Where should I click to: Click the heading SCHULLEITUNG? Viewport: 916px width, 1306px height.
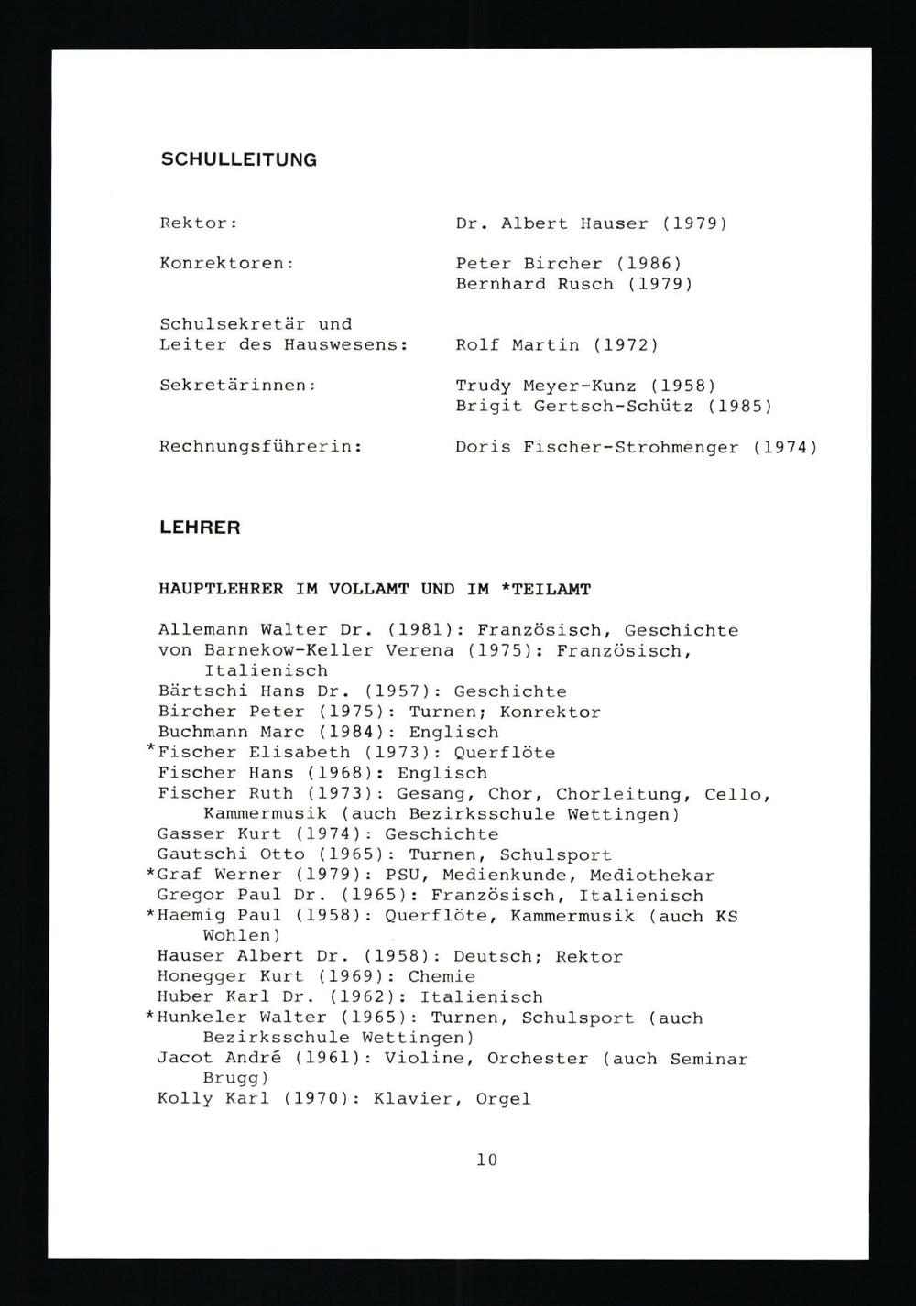[x=238, y=159]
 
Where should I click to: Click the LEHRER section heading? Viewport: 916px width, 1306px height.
[x=200, y=528]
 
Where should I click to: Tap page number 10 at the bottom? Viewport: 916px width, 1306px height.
[x=486, y=1159]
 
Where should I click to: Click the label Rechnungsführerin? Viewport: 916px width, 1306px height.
[x=260, y=447]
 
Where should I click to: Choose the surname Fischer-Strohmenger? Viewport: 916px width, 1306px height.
[x=631, y=447]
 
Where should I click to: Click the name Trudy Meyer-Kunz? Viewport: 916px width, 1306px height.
[x=546, y=386]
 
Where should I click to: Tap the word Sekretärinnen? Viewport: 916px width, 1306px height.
[x=237, y=386]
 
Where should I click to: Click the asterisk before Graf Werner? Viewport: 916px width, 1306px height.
[x=150, y=875]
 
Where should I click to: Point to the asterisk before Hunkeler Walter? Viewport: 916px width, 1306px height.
[x=150, y=1017]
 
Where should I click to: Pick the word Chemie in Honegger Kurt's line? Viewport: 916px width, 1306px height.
[x=442, y=976]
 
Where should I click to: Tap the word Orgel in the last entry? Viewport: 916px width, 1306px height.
[x=503, y=1099]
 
